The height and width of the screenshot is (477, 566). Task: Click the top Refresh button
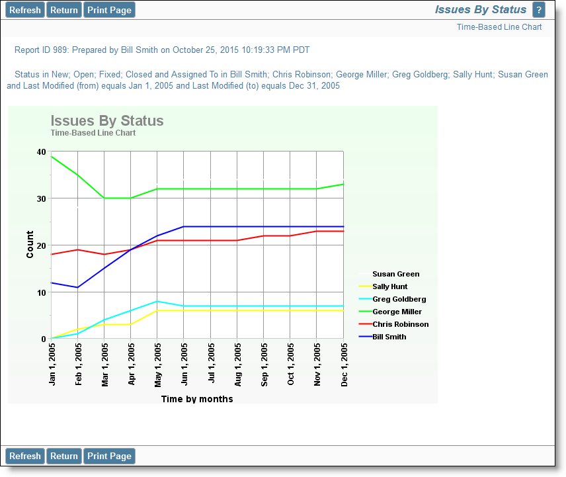(x=25, y=10)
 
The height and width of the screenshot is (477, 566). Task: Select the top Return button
(x=64, y=10)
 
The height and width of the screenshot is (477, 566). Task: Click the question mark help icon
(x=539, y=10)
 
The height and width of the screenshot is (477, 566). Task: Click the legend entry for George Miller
(x=390, y=312)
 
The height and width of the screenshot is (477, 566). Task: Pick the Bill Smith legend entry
(x=383, y=337)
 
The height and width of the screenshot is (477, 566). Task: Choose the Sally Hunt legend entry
(x=383, y=286)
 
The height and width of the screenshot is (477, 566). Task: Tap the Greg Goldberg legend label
(x=399, y=299)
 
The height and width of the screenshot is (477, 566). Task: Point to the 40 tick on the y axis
(x=41, y=152)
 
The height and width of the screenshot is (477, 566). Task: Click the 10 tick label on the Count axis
(x=41, y=293)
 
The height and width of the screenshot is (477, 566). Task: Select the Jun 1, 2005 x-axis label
(x=184, y=365)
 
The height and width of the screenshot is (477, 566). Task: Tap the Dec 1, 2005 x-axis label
(x=344, y=365)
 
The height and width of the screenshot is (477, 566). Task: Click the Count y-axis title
(x=30, y=245)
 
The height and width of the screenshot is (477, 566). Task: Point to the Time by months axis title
(x=197, y=399)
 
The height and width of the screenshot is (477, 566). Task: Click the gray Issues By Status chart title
(x=107, y=120)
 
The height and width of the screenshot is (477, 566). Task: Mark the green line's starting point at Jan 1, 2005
(x=52, y=157)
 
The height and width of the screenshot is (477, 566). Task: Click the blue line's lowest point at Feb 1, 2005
(x=77, y=287)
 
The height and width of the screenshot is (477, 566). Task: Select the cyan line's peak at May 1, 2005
(x=157, y=301)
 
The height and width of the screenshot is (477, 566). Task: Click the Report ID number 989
(x=60, y=50)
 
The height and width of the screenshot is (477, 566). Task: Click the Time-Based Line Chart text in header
(x=499, y=27)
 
